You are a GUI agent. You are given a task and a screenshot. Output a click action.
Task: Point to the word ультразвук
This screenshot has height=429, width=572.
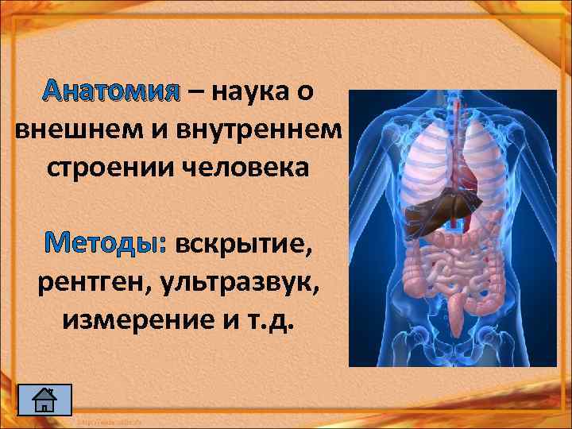(x=235, y=283)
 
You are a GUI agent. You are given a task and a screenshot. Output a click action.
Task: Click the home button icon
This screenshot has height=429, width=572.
(x=44, y=400)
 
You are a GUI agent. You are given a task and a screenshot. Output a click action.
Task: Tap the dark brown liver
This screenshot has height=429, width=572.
(x=434, y=210)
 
